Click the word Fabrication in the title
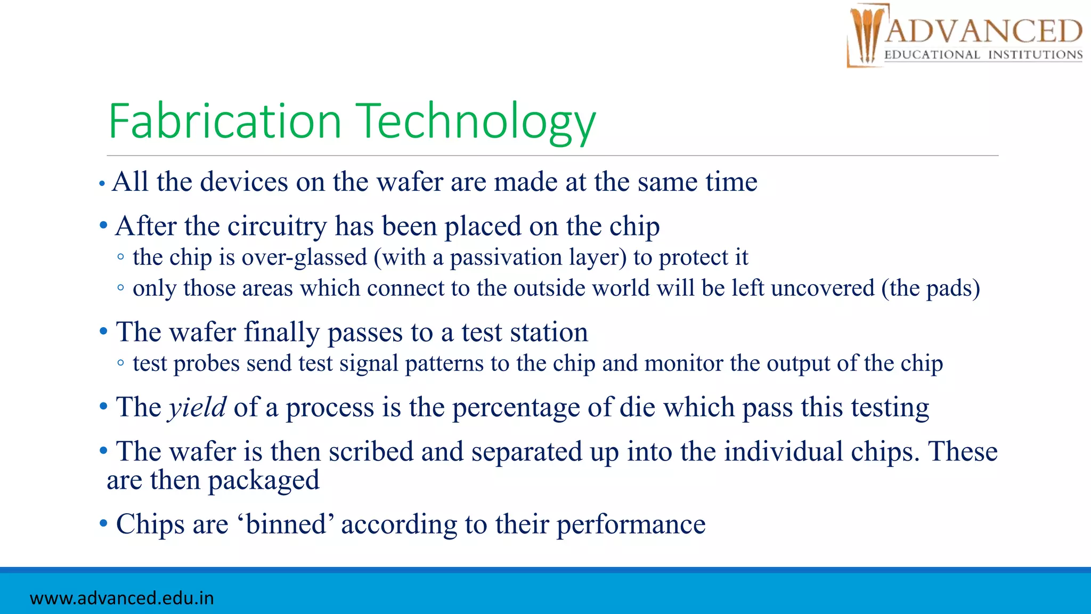pyautogui.click(x=224, y=122)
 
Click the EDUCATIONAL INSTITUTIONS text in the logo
pyautogui.click(x=983, y=55)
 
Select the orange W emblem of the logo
pyautogui.click(x=866, y=35)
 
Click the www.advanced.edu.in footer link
pyautogui.click(x=122, y=598)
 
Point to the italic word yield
pyautogui.click(x=197, y=407)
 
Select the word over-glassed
pyautogui.click(x=304, y=257)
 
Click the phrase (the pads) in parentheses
pyautogui.click(x=931, y=288)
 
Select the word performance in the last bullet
pyautogui.click(x=631, y=524)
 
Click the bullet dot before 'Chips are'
pyautogui.click(x=103, y=523)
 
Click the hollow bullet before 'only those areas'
pyautogui.click(x=121, y=288)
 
